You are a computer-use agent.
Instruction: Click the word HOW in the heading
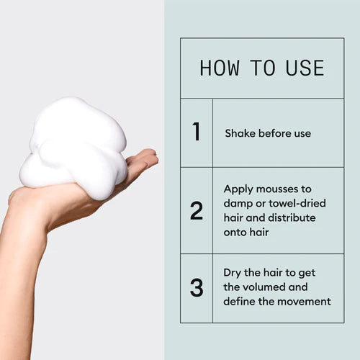[220, 68]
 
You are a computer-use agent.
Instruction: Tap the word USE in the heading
[305, 68]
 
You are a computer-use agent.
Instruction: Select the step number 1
[197, 131]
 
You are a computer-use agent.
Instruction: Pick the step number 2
[197, 211]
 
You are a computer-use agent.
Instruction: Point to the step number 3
[197, 287]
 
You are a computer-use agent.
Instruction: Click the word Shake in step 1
[240, 133]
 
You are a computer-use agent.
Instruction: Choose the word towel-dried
[297, 203]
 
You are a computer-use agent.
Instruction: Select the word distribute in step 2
[292, 217]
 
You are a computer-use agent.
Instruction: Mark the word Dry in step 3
[232, 273]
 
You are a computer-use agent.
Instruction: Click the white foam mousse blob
[74, 146]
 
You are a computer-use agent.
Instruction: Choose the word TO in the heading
[263, 68]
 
